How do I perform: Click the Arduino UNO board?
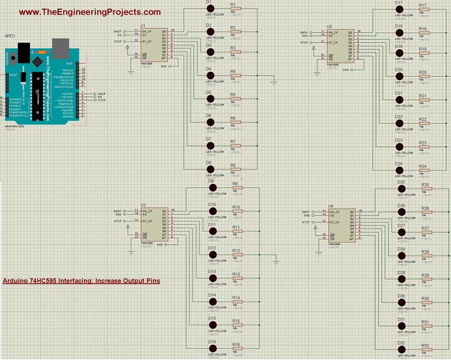click(x=45, y=82)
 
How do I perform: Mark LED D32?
click(x=402, y=350)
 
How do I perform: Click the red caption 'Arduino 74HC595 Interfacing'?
click(x=81, y=281)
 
